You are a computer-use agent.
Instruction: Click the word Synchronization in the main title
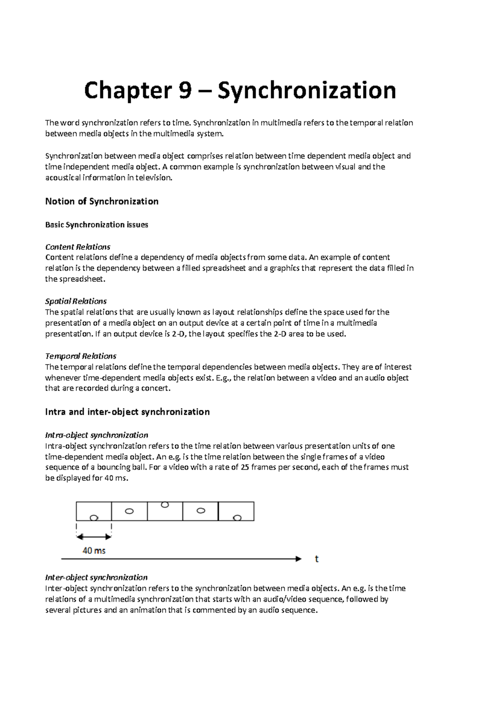pos(306,91)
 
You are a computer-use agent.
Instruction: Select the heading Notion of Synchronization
pos(101,202)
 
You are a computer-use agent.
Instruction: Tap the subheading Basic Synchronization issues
pos(96,225)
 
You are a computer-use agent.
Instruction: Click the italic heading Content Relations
pos(77,247)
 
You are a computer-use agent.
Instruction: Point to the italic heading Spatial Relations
pos(76,301)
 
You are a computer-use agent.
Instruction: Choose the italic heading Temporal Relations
pos(80,356)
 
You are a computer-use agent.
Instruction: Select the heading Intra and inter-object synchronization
pos(127,412)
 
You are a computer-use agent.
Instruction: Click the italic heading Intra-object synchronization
pos(96,435)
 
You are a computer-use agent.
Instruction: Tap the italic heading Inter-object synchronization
pos(96,577)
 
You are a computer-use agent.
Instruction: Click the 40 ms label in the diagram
pos(94,551)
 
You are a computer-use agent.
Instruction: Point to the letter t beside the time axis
pos(317,559)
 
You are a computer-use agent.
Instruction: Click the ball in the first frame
pos(94,518)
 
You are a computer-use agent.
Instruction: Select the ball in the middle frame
pos(165,505)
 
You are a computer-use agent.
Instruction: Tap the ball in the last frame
pos(237,518)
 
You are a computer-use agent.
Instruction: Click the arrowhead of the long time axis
pos(299,559)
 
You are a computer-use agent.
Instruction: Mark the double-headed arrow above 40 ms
pos(94,537)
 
